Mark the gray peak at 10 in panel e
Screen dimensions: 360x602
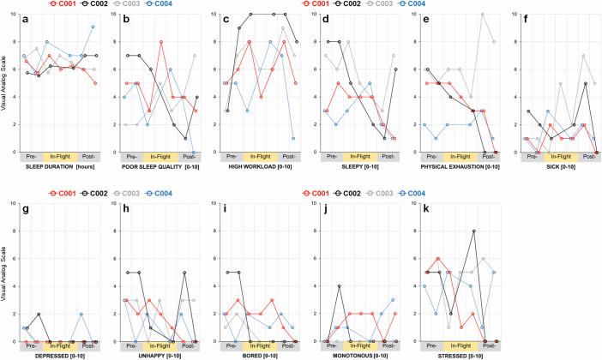[x=483, y=15]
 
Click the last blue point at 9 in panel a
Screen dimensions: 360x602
[x=93, y=27]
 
